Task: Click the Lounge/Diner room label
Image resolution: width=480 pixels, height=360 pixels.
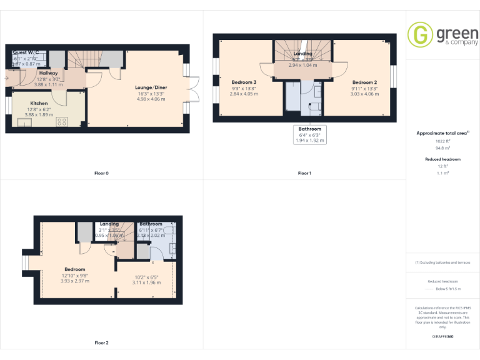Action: click(x=151, y=87)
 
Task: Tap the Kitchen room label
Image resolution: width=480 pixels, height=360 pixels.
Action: click(x=39, y=103)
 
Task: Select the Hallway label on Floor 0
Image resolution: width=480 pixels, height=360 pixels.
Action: click(x=48, y=73)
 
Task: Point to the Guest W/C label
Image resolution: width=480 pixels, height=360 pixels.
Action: click(x=26, y=52)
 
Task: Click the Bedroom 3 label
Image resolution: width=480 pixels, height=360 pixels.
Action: click(x=244, y=82)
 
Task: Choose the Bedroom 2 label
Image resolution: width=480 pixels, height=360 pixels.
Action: click(x=364, y=82)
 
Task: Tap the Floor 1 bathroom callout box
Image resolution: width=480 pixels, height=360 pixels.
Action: click(x=310, y=134)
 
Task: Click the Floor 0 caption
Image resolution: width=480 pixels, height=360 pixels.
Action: click(x=101, y=173)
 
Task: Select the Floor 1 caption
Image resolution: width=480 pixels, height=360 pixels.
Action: click(x=304, y=173)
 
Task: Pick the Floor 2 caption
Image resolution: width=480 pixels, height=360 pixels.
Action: click(x=101, y=342)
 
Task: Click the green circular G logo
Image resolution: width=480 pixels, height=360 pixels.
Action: click(x=420, y=34)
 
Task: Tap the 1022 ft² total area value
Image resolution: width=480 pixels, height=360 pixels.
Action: click(x=443, y=141)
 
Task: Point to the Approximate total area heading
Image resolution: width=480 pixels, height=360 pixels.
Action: click(x=442, y=133)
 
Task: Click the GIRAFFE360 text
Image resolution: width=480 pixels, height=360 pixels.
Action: click(x=443, y=337)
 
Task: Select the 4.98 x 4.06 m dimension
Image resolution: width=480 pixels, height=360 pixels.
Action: click(x=151, y=99)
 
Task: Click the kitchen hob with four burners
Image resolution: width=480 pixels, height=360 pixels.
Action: click(x=62, y=121)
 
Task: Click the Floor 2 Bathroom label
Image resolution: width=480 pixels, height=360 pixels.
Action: click(x=151, y=224)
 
